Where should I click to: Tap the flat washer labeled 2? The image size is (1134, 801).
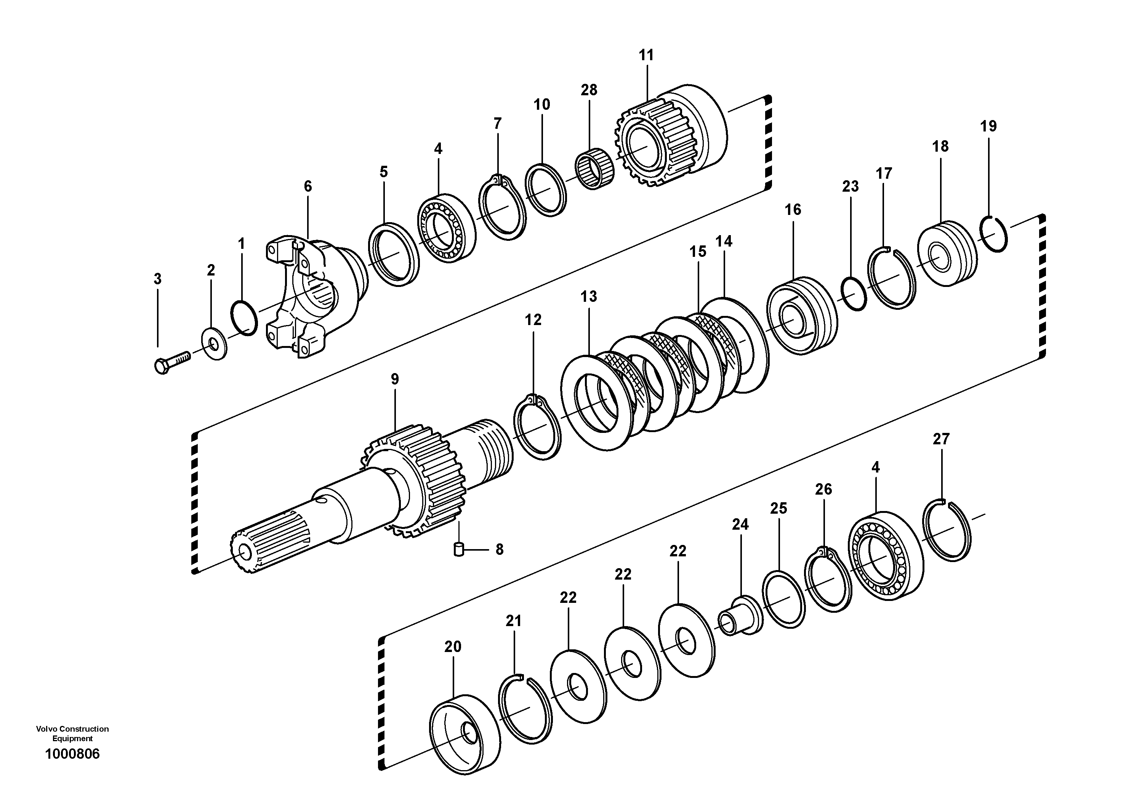click(x=215, y=341)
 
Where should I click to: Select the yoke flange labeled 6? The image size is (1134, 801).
click(x=316, y=296)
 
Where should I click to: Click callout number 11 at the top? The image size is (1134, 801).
click(x=646, y=55)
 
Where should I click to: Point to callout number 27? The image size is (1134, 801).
click(x=941, y=439)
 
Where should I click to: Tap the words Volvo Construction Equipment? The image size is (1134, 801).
click(x=72, y=733)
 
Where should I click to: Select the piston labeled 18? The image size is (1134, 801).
click(x=946, y=254)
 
